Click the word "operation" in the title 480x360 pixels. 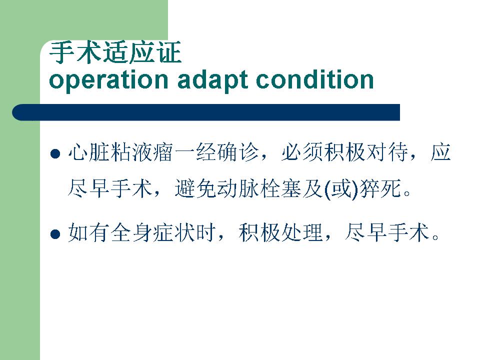pos(108,80)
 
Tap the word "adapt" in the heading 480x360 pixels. pos(213,80)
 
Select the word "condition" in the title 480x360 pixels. pos(315,79)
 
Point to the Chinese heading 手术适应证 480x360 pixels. pos(115,52)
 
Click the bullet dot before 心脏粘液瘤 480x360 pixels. pos(55,153)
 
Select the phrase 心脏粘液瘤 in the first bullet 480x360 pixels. pos(120,152)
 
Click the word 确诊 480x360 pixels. pos(237,152)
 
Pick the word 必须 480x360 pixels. pos(302,152)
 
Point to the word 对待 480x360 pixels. pos(387,152)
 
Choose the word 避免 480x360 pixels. pos(195,188)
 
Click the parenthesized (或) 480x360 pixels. pos(341,188)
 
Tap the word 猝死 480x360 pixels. pos(380,188)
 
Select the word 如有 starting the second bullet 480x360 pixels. pos(89,232)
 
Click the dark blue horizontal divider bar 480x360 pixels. pos(206,112)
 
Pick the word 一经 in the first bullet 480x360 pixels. pos(195,152)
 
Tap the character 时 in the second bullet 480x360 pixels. pos(205,232)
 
